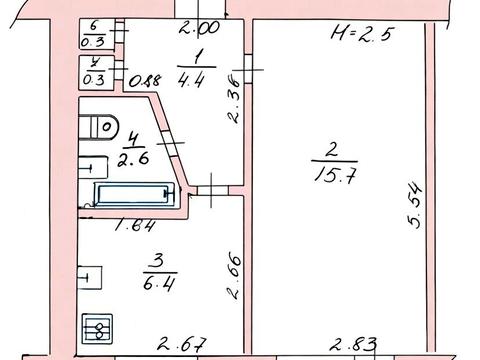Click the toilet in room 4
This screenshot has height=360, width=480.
point(98,127)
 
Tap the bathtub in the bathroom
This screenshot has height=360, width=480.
point(135,194)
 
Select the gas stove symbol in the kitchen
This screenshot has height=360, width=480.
point(97,329)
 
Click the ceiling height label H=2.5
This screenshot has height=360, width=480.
point(363,33)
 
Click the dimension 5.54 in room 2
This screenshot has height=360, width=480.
point(415,205)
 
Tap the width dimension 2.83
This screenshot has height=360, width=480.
point(353,344)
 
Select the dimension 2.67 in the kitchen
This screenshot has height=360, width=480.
point(182,344)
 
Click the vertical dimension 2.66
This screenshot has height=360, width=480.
point(233,277)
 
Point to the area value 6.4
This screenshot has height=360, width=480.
point(159,284)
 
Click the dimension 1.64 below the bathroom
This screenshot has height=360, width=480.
point(135,226)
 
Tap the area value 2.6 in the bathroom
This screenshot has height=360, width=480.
point(133,159)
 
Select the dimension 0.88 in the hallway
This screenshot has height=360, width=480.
point(145,81)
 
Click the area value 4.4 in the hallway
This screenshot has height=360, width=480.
point(191,80)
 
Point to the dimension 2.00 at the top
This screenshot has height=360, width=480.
point(199,28)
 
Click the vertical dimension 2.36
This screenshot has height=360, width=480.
point(233,101)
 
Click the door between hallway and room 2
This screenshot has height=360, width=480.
point(248,69)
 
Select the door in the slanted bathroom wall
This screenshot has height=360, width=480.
point(170,143)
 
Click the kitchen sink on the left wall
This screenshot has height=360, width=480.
point(89,277)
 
